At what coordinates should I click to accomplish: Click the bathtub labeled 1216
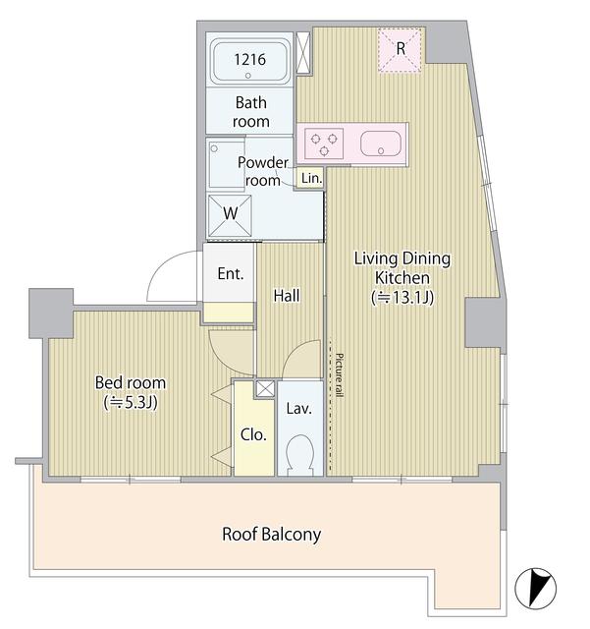[250, 62]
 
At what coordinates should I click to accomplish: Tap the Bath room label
[251, 111]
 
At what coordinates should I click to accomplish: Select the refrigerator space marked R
[402, 49]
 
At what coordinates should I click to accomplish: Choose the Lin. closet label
[311, 178]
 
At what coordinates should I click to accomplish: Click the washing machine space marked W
[230, 213]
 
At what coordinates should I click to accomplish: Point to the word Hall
[287, 295]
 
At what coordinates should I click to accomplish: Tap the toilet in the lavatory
[299, 454]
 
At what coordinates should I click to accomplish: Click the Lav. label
[298, 408]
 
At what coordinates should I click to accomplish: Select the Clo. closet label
[253, 433]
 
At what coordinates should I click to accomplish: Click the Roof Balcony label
[271, 535]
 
